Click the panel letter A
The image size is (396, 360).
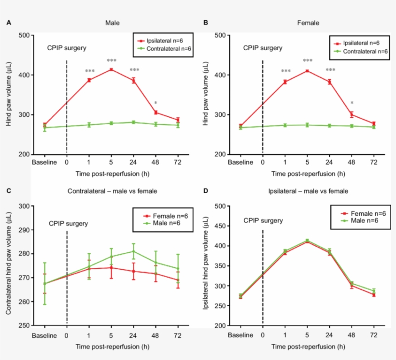tap(9, 23)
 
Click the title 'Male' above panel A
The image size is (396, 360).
tap(113, 23)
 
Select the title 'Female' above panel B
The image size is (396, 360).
tap(309, 23)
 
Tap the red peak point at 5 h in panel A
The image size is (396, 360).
tap(112, 69)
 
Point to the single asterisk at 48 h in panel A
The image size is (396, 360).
tap(156, 103)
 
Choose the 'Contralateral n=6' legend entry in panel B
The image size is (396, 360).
tap(362, 51)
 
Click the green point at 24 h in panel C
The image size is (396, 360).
tap(133, 251)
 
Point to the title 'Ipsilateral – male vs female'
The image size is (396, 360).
tap(309, 191)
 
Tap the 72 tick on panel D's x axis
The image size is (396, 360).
tap(373, 335)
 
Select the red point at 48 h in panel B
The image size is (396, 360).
tap(352, 114)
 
